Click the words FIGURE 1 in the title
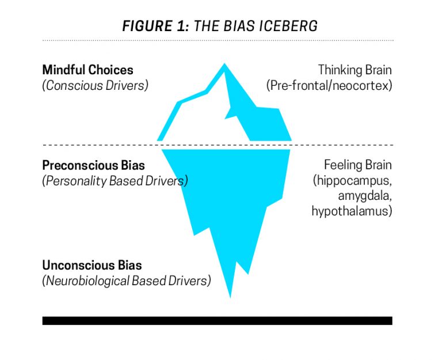(156, 26)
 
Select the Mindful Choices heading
(87, 70)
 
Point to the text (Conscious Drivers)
(95, 85)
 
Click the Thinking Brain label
(355, 70)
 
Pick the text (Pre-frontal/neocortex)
(329, 85)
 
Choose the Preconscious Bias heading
(93, 165)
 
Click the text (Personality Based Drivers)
(115, 181)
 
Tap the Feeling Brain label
(357, 165)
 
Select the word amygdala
(365, 196)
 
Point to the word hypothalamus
(352, 211)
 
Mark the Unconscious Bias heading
(92, 266)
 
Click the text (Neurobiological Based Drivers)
(126, 281)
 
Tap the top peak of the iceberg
(224, 65)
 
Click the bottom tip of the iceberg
(231, 295)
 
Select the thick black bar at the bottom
(217, 320)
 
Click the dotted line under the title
(217, 40)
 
